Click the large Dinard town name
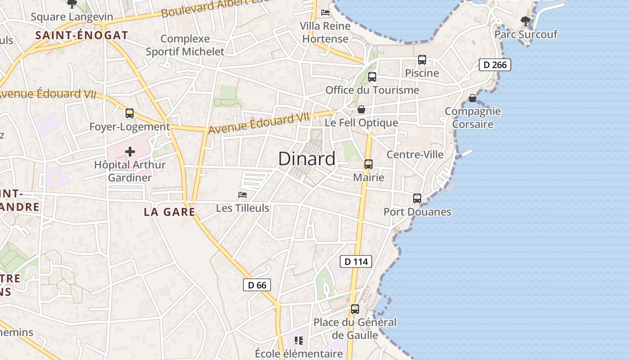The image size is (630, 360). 307,159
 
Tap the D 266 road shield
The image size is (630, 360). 495,65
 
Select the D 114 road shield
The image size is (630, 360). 356,261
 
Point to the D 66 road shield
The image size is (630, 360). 257,285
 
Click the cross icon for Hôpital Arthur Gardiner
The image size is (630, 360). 130,152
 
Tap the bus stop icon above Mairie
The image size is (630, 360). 369,164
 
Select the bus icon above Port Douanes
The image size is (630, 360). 417,198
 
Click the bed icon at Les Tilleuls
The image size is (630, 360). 243,195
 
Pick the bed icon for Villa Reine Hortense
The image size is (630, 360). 325,13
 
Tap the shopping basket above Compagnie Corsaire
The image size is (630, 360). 472,98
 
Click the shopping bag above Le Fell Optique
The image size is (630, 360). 361,109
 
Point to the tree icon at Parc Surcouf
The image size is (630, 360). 525,21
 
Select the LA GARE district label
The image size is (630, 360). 170,211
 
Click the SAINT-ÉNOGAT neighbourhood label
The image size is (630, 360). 82,35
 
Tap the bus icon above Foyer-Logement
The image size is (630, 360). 130,113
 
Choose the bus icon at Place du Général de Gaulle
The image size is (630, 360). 355,309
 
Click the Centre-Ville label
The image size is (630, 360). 415,155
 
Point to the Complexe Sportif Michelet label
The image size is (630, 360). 185,45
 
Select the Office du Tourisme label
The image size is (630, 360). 372,90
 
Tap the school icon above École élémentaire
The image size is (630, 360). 299,341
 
